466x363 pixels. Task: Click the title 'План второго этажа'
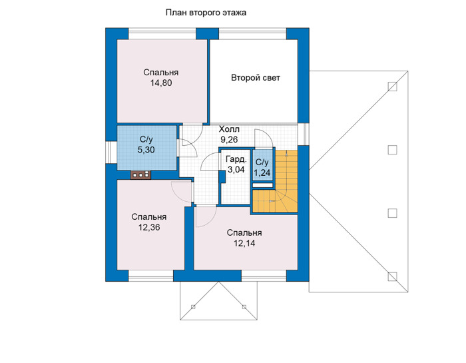point(206,13)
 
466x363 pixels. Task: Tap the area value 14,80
point(161,83)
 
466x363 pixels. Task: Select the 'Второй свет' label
point(256,78)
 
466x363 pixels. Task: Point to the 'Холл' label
point(229,129)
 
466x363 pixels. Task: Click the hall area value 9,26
point(229,139)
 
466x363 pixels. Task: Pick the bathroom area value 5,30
point(146,150)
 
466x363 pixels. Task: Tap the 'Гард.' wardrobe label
point(236,160)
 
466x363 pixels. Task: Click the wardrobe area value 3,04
point(236,169)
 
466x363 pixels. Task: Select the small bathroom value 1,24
point(262,173)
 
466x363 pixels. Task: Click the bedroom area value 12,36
point(149,227)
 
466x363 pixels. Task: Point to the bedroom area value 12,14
point(244,244)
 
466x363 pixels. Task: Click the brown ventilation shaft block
point(140,175)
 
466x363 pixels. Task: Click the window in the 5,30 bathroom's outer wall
point(111,152)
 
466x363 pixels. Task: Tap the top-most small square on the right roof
point(392,87)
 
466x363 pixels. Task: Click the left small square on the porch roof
point(193,307)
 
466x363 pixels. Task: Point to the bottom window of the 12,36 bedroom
point(151,276)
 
